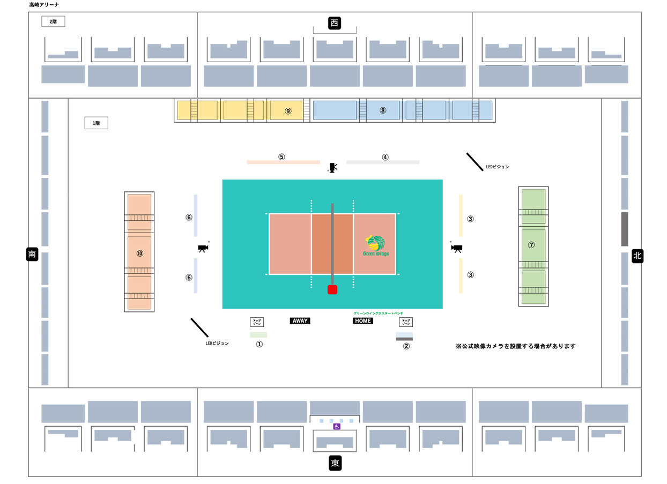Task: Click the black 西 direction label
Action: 335,23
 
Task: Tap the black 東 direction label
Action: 335,463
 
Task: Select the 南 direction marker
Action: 32,254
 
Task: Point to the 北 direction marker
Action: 637,256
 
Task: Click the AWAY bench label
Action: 300,321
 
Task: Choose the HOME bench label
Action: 362,321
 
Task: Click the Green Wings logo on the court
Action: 376,245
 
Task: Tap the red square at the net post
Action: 332,290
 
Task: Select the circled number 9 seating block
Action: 288,110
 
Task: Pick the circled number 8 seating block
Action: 382,110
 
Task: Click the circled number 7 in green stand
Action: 531,245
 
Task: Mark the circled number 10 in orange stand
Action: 140,253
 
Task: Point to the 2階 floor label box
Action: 53,22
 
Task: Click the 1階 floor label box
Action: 97,123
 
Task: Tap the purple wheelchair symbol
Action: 336,427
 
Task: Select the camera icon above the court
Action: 333,168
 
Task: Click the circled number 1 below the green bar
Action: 259,345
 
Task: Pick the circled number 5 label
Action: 281,157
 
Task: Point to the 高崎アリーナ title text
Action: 44,5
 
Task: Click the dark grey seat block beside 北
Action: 625,229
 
